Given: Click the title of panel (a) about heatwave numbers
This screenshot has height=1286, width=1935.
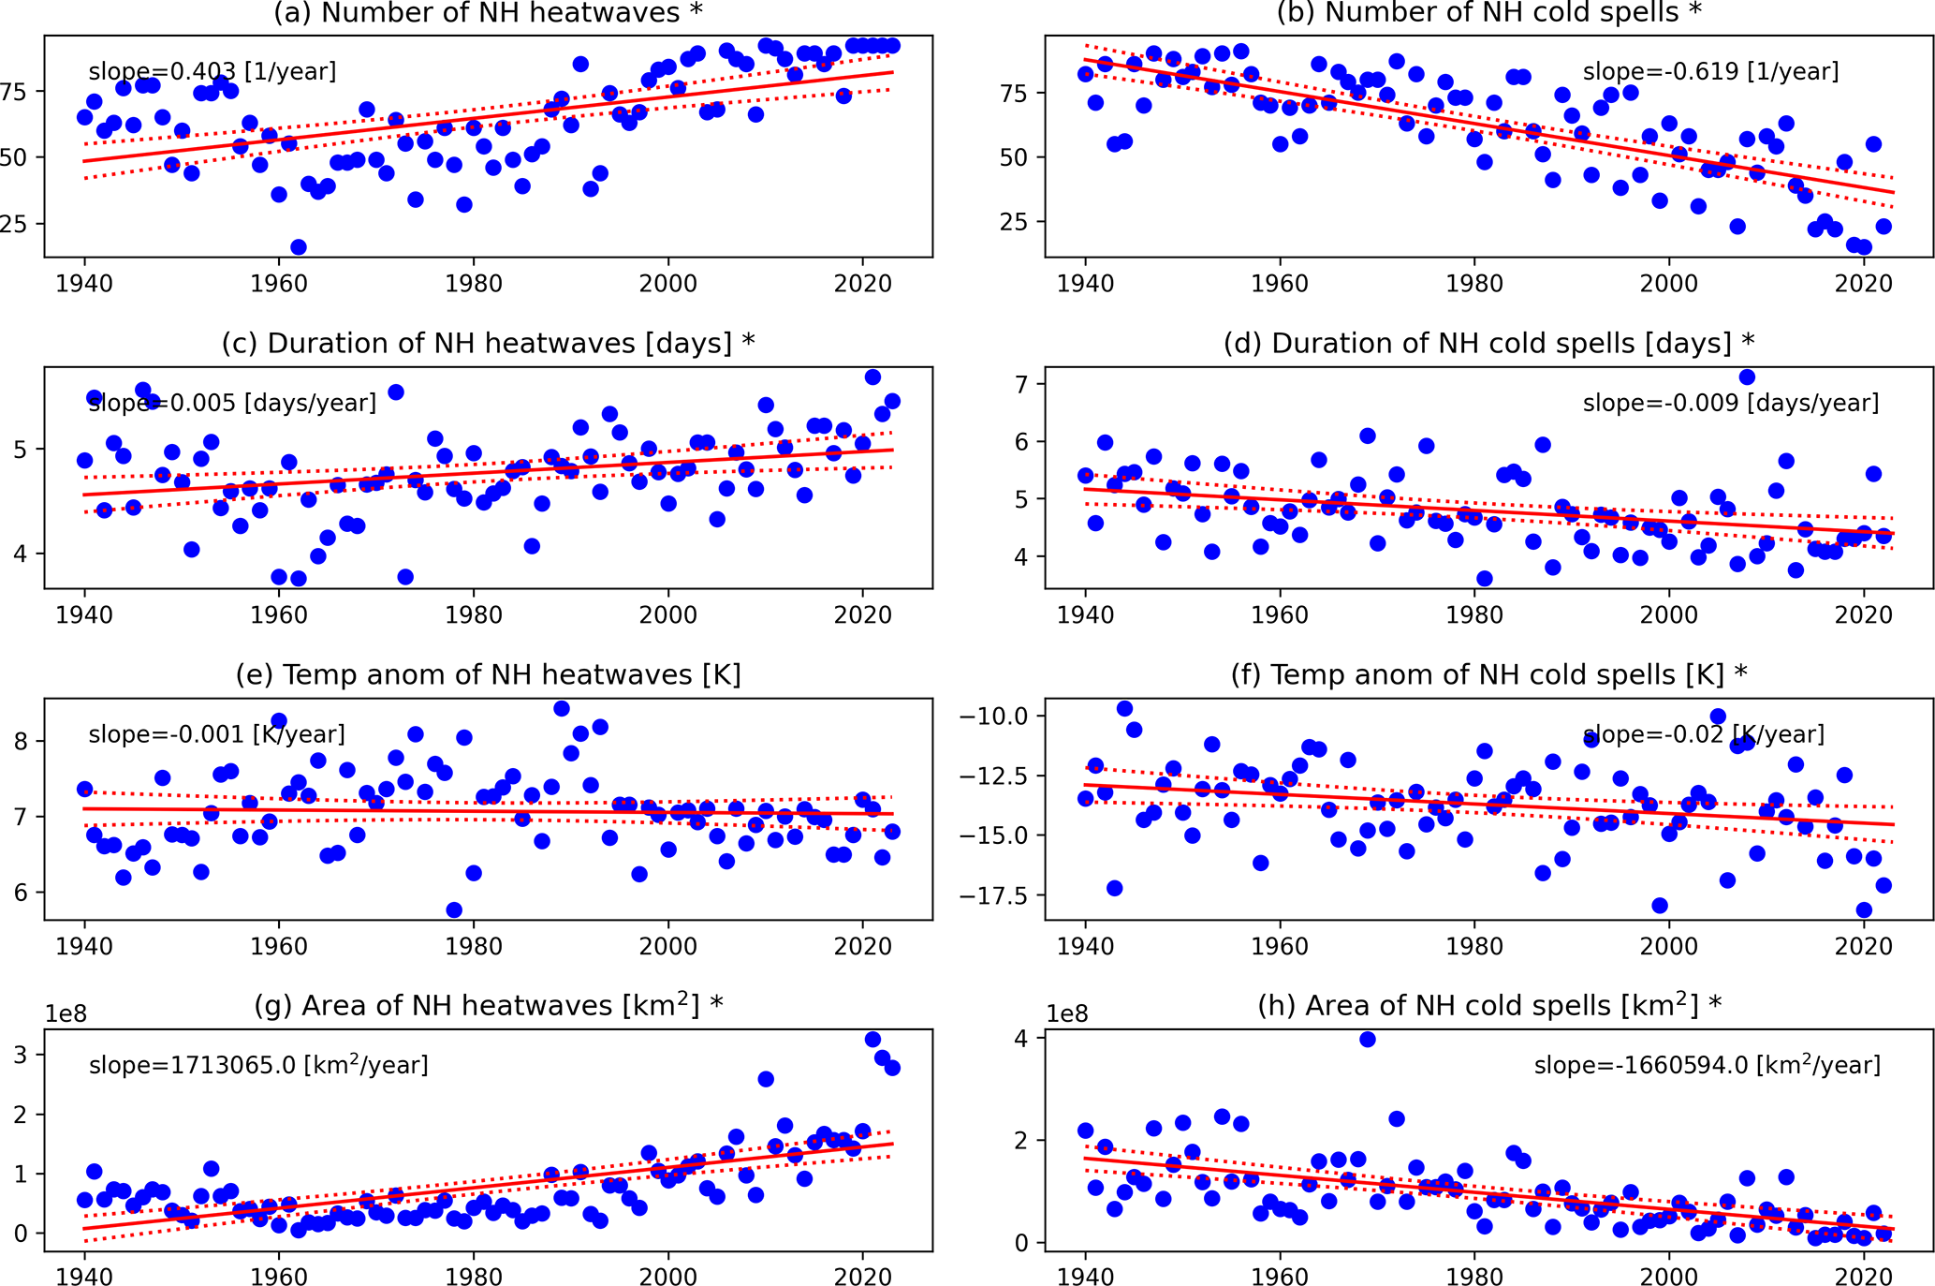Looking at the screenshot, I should click(x=487, y=13).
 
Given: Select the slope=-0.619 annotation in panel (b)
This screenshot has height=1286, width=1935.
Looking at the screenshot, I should click(x=1710, y=72).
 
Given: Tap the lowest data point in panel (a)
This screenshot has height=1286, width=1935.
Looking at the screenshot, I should click(x=299, y=247).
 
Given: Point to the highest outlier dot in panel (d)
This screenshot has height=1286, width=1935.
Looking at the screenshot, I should click(x=1747, y=377).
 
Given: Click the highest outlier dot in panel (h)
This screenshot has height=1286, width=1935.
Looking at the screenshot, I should click(x=1368, y=1040).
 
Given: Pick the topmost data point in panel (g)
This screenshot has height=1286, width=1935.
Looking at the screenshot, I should click(x=872, y=1040).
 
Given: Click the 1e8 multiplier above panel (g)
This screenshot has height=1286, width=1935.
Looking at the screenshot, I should click(x=66, y=1014).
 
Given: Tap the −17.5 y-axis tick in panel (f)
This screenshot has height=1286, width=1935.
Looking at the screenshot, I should click(x=993, y=896).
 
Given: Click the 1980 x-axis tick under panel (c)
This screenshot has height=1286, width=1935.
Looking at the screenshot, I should click(x=474, y=615).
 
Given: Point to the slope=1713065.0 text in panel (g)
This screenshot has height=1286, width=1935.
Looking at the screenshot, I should click(x=258, y=1066).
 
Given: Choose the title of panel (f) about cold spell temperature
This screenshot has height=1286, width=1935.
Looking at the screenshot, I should click(x=1488, y=674).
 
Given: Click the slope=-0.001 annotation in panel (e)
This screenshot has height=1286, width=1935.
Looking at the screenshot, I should click(x=216, y=734).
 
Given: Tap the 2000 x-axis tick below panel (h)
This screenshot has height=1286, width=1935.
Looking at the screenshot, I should click(x=1669, y=1278).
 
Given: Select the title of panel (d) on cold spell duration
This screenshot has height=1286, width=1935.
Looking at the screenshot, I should click(x=1488, y=344).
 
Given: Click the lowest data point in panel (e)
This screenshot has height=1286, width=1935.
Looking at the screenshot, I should click(x=454, y=910).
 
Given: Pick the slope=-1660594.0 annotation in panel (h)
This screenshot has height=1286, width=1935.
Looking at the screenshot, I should click(x=1707, y=1066).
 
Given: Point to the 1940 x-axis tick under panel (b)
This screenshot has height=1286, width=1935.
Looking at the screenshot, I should click(x=1086, y=284).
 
